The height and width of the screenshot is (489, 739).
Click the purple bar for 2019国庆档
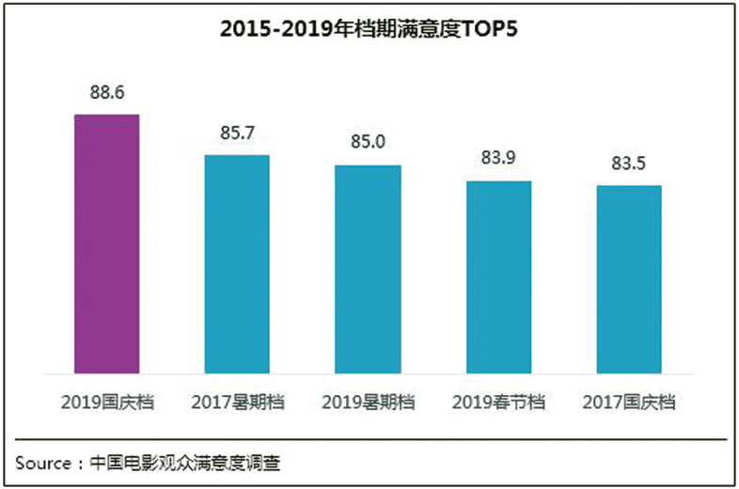point(107,244)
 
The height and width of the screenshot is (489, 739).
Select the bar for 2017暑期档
point(237,264)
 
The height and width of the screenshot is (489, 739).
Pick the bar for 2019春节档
point(499,277)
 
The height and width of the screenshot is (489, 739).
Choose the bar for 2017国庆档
point(629,280)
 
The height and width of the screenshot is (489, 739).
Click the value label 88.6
point(107,94)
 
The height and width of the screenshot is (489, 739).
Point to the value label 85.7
point(237,134)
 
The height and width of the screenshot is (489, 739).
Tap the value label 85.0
point(369,143)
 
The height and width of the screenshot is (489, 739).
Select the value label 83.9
point(499,159)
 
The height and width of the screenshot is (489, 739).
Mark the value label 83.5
point(629,164)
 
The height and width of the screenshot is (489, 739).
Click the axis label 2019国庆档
point(107,402)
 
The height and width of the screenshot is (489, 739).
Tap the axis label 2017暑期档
point(237,402)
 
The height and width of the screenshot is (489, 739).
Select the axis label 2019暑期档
point(369,402)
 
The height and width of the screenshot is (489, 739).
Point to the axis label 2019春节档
point(499,402)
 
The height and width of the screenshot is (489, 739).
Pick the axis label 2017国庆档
point(629,402)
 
